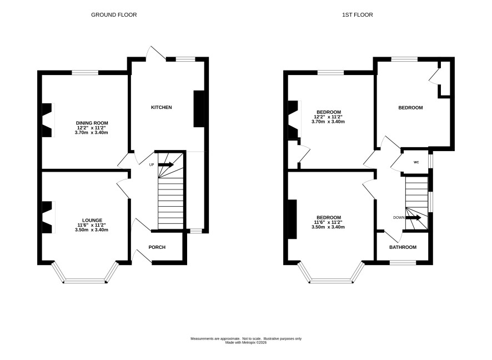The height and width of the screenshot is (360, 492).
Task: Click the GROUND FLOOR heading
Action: [114, 15]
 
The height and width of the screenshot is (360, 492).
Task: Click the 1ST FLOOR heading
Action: [358, 15]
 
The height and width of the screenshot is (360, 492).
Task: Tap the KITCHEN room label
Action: [162, 107]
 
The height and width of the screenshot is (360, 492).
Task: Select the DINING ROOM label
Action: [92, 123]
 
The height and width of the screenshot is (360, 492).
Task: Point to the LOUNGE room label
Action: [92, 221]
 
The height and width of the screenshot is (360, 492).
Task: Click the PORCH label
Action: [157, 247]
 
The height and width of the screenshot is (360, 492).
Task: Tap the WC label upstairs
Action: [416, 162]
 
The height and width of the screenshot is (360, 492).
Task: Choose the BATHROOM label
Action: [403, 247]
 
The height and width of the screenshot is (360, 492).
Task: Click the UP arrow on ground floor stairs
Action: [166, 164]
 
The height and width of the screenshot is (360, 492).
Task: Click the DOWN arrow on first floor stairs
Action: [414, 218]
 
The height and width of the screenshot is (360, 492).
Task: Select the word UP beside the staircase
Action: [152, 165]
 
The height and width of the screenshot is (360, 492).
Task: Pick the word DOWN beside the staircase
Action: [399, 218]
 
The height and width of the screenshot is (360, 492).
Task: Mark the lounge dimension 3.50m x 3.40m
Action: [92, 230]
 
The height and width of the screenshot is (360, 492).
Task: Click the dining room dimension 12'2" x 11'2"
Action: [92, 128]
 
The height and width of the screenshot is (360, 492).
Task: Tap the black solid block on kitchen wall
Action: [199, 109]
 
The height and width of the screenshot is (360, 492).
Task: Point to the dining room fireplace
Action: [48, 120]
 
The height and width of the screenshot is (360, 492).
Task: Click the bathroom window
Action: [403, 262]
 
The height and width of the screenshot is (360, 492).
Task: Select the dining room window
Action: [85, 73]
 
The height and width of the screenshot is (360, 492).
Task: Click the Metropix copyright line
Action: [246, 343]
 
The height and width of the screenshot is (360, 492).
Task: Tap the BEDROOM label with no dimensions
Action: [410, 108]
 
